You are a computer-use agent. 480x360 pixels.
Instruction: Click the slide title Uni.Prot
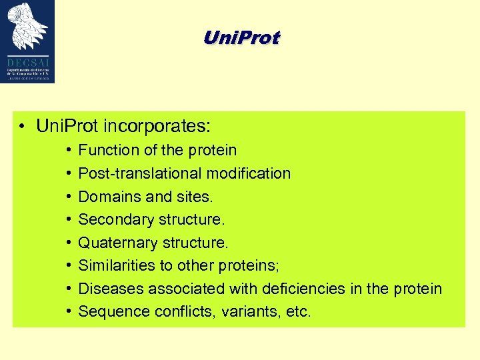pyautogui.click(x=242, y=38)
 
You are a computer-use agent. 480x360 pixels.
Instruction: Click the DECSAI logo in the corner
pyautogui.click(x=28, y=41)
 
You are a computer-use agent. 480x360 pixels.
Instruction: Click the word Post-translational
pyautogui.click(x=140, y=173)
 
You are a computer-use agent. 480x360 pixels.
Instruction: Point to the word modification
pyautogui.click(x=248, y=173)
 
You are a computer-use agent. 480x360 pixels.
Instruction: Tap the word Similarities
pyautogui.click(x=116, y=265)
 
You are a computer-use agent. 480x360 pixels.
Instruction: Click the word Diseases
pyautogui.click(x=111, y=289)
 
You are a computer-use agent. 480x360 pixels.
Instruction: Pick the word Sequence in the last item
pyautogui.click(x=111, y=311)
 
